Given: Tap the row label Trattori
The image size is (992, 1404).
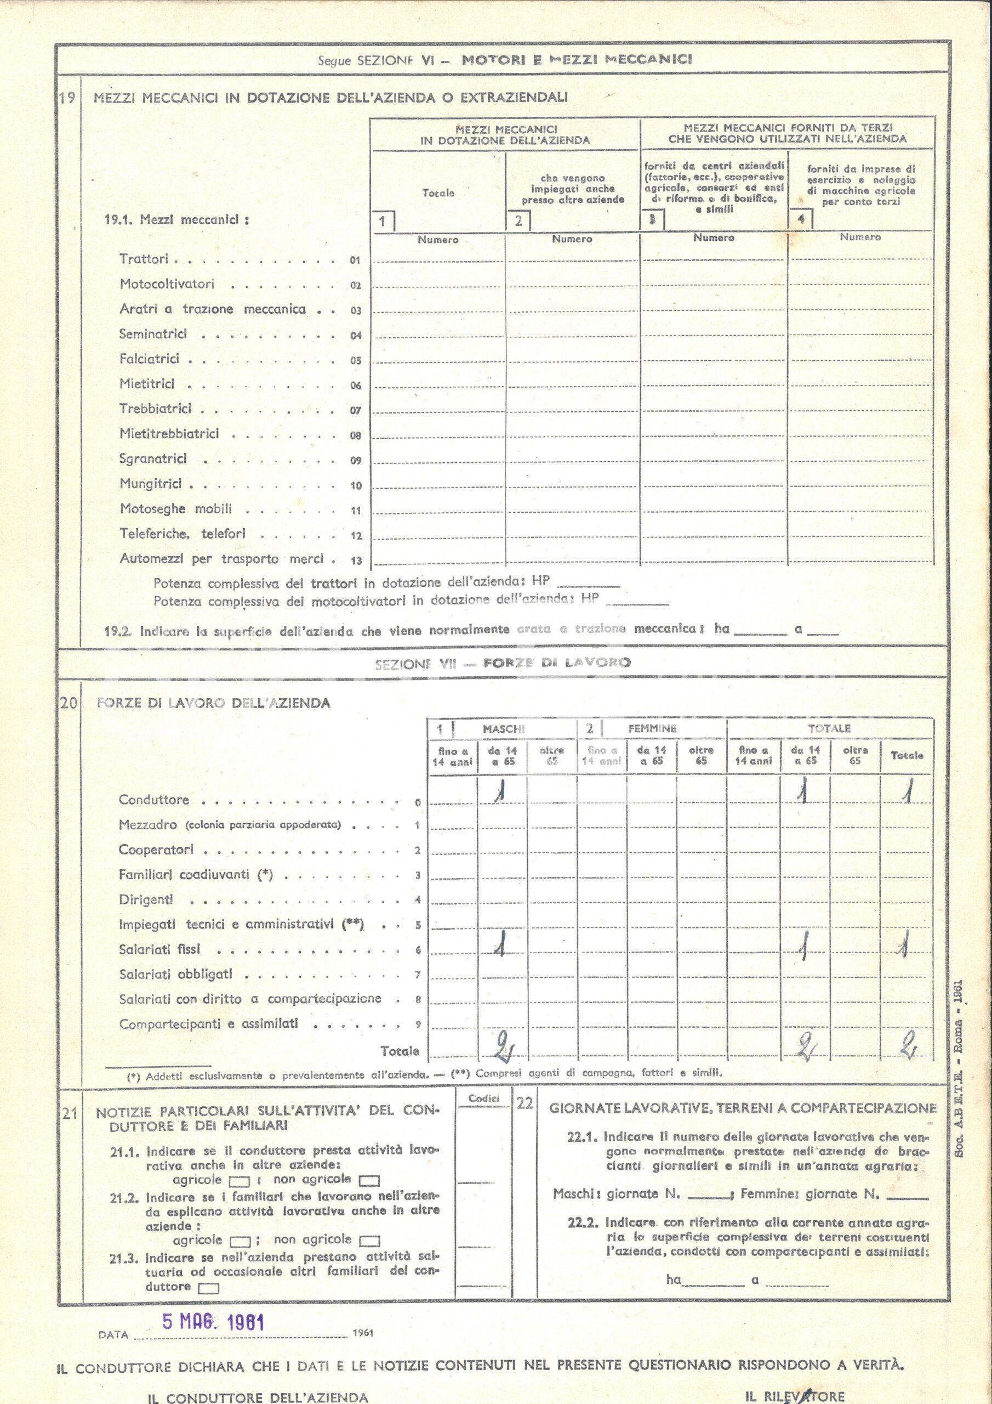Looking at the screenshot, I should click(x=144, y=259).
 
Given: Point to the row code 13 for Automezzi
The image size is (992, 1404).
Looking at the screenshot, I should click(x=356, y=561).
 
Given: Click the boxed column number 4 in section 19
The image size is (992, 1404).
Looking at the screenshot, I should click(x=801, y=219).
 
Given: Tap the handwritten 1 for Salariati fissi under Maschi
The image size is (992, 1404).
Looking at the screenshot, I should click(x=500, y=947).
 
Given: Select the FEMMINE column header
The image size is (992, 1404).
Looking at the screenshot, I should click(x=652, y=728).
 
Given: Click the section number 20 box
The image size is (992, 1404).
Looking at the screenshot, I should click(x=69, y=703).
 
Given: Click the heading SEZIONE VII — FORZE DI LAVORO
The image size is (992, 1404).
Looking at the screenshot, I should click(x=503, y=664).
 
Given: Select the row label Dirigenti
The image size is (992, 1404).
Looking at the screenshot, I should click(x=146, y=899).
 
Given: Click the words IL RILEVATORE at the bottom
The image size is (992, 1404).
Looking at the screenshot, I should click(x=795, y=1396).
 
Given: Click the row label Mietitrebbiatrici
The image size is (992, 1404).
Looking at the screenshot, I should click(x=169, y=434).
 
